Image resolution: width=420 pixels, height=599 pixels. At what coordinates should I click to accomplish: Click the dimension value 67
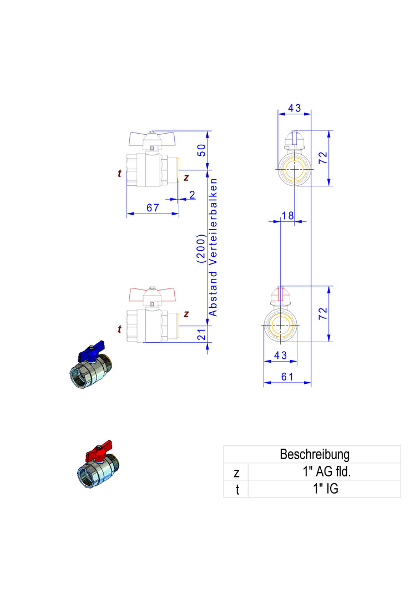tap(153, 208)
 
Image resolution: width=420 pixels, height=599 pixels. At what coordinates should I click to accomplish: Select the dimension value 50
tap(202, 149)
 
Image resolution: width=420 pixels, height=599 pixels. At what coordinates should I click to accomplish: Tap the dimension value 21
tap(202, 334)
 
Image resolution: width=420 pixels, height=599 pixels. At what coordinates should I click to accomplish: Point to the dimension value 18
tap(287, 215)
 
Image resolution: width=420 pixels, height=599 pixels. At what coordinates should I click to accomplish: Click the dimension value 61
tap(287, 377)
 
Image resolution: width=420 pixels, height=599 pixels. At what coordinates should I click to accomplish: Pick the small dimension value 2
tap(192, 195)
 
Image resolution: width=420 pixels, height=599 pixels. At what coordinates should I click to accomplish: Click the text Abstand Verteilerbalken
tap(213, 247)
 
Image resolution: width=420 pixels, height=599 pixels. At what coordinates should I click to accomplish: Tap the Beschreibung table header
tap(315, 454)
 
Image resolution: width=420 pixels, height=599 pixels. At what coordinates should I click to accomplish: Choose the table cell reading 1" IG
tap(324, 489)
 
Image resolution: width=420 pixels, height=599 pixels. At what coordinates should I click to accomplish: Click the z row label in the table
tap(236, 473)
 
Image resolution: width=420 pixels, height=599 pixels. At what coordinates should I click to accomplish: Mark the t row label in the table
tap(236, 490)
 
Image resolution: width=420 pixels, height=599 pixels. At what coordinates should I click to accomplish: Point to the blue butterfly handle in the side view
tap(152, 137)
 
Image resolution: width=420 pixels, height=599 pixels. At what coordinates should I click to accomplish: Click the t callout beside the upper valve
tap(119, 174)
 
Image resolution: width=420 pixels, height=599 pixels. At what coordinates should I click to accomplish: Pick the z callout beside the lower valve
tap(186, 314)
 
